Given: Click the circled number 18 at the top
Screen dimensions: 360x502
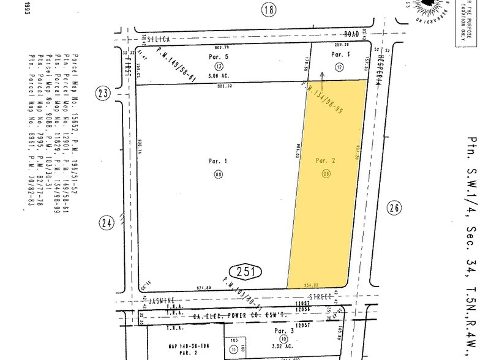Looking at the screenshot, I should [268, 9].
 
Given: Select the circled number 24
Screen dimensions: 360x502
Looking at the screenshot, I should [107, 223].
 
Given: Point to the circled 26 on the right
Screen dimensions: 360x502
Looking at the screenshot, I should [394, 208].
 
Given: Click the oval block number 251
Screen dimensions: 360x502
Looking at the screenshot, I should [245, 272].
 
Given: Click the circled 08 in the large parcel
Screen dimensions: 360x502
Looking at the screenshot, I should [218, 174].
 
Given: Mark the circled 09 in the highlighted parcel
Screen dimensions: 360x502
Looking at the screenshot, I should [326, 174].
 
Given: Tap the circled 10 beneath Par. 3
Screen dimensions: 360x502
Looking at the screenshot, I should [282, 339].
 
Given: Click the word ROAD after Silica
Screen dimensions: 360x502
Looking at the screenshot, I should [351, 36].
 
